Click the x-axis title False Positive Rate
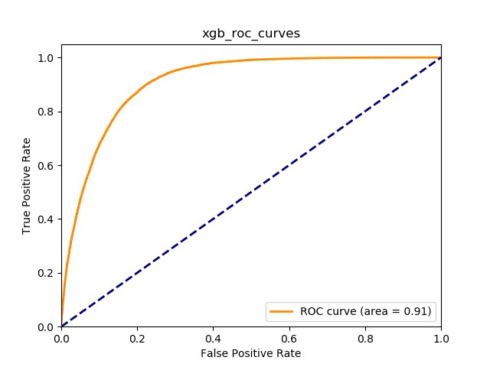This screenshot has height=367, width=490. point(251,353)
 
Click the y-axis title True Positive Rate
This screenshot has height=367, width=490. point(27,185)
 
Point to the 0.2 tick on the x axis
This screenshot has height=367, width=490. point(137,337)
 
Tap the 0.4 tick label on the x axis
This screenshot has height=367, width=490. point(213,337)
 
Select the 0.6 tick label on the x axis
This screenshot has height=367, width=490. point(289,337)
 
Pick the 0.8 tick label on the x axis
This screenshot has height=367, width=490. point(365,337)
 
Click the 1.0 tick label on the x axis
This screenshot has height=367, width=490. point(441,337)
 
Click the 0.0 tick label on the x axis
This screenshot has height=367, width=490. point(61,337)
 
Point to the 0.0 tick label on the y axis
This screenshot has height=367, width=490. point(47,327)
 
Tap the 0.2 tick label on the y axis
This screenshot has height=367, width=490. point(47,273)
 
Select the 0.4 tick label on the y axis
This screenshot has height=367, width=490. point(47,219)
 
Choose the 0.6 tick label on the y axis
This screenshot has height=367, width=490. point(47,165)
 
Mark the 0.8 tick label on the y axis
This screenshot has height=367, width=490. point(47,112)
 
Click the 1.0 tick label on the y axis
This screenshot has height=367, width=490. point(47,58)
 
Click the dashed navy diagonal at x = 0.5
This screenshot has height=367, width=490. point(251,192)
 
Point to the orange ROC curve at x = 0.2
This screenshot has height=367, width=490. point(137,93)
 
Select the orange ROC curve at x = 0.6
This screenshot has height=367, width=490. point(289,60)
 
